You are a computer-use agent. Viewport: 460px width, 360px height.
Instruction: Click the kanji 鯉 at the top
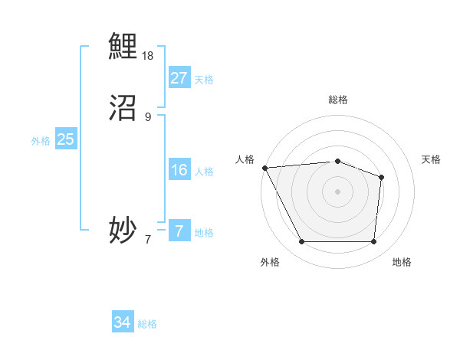[x=123, y=46]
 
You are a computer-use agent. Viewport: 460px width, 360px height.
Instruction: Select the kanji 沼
[x=123, y=108]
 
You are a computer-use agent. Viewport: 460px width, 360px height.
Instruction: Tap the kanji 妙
[x=123, y=230]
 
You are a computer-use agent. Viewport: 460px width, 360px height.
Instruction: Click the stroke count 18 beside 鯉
[x=148, y=56]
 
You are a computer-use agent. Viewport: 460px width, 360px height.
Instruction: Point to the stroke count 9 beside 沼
[x=148, y=117]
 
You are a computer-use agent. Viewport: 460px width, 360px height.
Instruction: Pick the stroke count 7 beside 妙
[x=148, y=239]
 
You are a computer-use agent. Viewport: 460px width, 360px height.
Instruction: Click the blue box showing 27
[x=179, y=78]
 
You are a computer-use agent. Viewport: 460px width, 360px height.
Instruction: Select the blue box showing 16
[x=179, y=170]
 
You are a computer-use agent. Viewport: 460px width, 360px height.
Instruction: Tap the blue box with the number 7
[x=179, y=231]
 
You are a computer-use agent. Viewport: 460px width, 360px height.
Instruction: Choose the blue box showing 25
[x=65, y=139]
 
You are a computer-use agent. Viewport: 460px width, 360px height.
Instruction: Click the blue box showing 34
[x=122, y=322]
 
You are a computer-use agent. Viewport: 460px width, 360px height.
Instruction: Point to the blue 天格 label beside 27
[x=204, y=80]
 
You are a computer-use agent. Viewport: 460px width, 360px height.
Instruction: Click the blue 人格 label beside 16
[x=204, y=172]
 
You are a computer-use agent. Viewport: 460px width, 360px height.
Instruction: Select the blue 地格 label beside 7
[x=204, y=233]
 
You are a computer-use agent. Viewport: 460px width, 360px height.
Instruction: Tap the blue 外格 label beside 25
[x=41, y=141]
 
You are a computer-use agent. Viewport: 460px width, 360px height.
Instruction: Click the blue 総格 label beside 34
[x=147, y=324]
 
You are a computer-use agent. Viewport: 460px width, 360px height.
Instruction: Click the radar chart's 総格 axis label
[x=337, y=100]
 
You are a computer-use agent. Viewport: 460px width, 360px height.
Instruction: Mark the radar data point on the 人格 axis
[x=264, y=168]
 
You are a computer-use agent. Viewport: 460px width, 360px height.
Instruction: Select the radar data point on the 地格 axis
[x=373, y=242]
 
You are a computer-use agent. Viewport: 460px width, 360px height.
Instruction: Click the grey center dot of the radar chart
[x=337, y=191]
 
